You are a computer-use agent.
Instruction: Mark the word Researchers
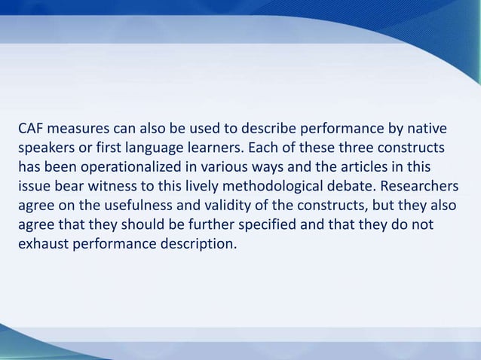pos(423,185)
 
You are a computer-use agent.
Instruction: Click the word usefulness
pos(132,205)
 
